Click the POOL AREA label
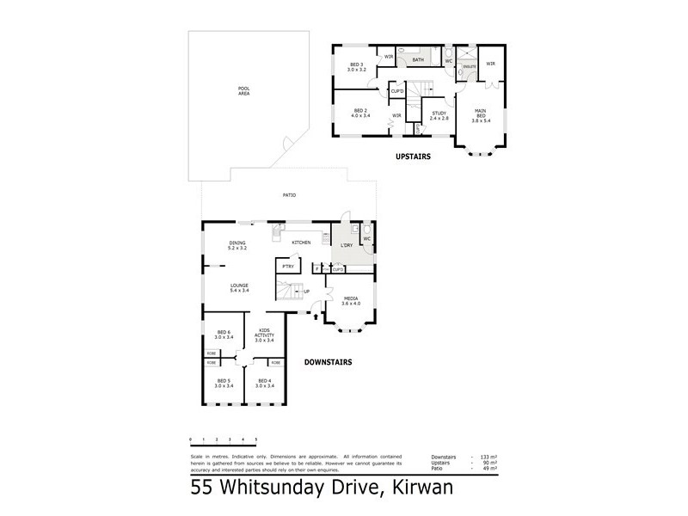[x=243, y=90]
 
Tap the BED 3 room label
[x=357, y=67]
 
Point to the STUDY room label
[x=439, y=114]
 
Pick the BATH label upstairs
[x=418, y=60]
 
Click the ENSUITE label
[x=470, y=66]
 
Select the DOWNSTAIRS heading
[x=328, y=362]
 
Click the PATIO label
[x=290, y=196]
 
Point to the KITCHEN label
[x=300, y=243]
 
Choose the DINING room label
[x=238, y=245]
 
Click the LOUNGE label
[x=239, y=288]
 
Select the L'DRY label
[x=348, y=245]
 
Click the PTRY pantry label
[x=287, y=267]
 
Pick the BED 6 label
[x=224, y=335]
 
